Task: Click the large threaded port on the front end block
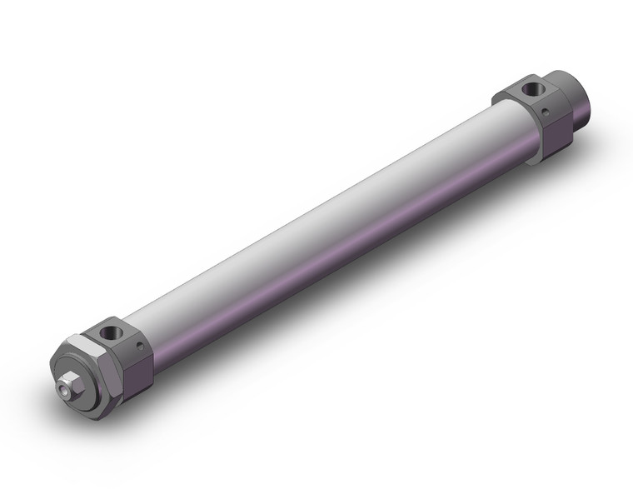tap(109, 334)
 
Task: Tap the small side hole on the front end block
tap(139, 344)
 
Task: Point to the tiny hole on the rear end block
tap(545, 108)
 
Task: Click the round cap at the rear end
tap(581, 98)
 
